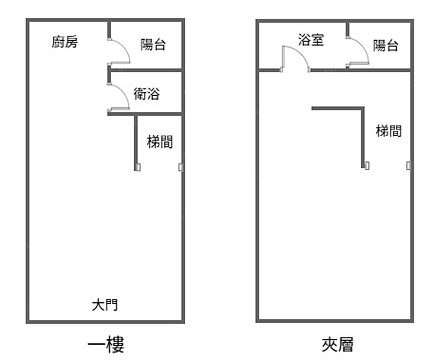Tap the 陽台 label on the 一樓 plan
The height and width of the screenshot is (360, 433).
153,45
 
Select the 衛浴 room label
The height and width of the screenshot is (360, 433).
146,94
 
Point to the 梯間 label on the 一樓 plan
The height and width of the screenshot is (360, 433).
160,141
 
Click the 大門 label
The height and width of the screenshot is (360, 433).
105,305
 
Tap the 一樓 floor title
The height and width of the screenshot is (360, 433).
106,345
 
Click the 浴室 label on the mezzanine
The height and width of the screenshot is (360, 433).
311,40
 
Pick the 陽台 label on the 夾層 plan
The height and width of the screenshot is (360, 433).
385,45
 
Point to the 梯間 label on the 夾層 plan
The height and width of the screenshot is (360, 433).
388,131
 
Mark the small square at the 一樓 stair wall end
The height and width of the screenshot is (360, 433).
138,167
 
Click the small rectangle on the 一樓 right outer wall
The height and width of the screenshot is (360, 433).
181,167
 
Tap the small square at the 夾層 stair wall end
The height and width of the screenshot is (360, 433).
366,165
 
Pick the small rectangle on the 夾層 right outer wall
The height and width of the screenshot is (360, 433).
408,165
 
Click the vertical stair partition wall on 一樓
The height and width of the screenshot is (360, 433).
136,141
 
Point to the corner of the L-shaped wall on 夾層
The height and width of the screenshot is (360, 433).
362,108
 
